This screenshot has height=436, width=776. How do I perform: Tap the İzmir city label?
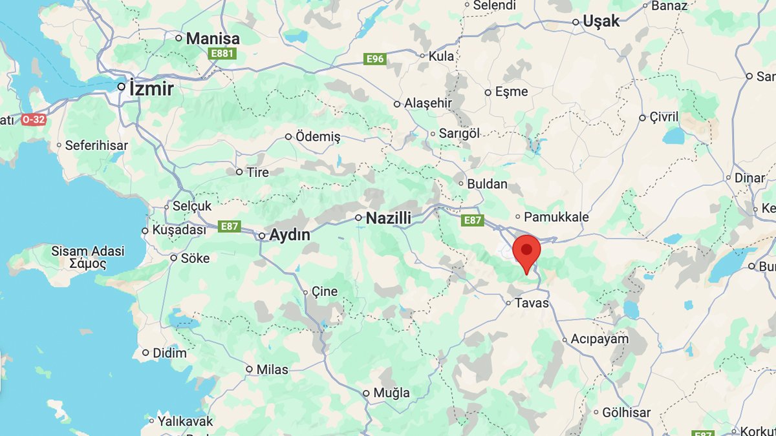(x=151, y=88)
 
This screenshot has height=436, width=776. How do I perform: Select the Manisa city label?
(x=212, y=39)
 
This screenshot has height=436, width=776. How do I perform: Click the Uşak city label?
(x=601, y=21)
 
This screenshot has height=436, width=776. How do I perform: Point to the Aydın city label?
(x=289, y=235)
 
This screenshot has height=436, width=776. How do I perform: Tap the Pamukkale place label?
(x=556, y=217)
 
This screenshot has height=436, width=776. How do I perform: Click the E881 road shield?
(x=222, y=54)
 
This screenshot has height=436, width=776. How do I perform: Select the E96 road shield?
(x=375, y=59)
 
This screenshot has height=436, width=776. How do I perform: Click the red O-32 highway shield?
(x=34, y=119)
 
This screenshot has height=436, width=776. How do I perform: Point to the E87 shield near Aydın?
(x=230, y=226)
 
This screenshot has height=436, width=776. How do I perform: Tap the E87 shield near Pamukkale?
(x=473, y=221)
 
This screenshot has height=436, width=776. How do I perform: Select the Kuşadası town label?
(x=178, y=230)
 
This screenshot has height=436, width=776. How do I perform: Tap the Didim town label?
(x=169, y=353)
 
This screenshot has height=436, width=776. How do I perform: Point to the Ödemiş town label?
(x=318, y=137)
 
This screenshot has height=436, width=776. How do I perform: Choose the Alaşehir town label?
(x=427, y=103)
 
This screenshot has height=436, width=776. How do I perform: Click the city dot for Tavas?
(x=509, y=302)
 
